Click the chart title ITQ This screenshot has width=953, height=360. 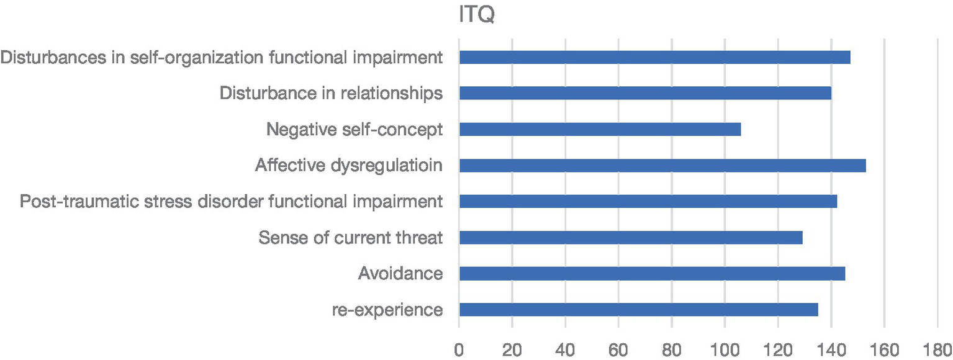point(476,14)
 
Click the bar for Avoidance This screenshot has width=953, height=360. point(652,274)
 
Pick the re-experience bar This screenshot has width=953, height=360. point(638,310)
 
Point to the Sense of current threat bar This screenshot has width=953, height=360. point(631,238)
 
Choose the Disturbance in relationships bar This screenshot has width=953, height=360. point(645,93)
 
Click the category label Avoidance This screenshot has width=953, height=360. point(400,274)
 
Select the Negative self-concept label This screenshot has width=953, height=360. point(355,130)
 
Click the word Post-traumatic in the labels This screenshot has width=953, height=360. point(60,202)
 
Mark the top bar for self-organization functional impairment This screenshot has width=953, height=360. point(654,57)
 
